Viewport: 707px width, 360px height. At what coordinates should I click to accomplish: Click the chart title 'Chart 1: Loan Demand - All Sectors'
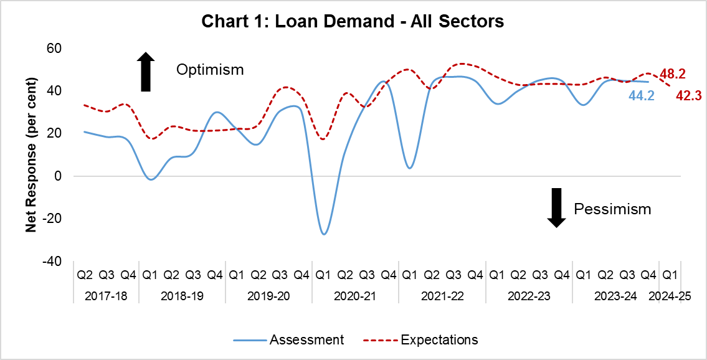point(353,22)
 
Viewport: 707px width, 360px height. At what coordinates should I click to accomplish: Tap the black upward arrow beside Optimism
point(145,71)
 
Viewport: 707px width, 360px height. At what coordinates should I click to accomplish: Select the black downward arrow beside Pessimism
point(556,207)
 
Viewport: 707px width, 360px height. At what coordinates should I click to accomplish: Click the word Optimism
point(210,69)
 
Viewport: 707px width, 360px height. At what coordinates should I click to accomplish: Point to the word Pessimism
point(612,209)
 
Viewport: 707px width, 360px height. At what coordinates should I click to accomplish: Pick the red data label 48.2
point(673,74)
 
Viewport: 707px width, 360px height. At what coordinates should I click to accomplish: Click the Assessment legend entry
point(289,340)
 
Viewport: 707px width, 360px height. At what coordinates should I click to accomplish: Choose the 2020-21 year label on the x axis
point(355,296)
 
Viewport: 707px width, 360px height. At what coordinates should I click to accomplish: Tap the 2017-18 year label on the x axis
point(106,296)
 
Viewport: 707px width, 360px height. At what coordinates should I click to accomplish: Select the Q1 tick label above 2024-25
point(670,275)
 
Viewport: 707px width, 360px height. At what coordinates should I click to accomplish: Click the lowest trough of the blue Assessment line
point(324,234)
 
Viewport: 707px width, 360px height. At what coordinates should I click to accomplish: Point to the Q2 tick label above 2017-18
point(85,275)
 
